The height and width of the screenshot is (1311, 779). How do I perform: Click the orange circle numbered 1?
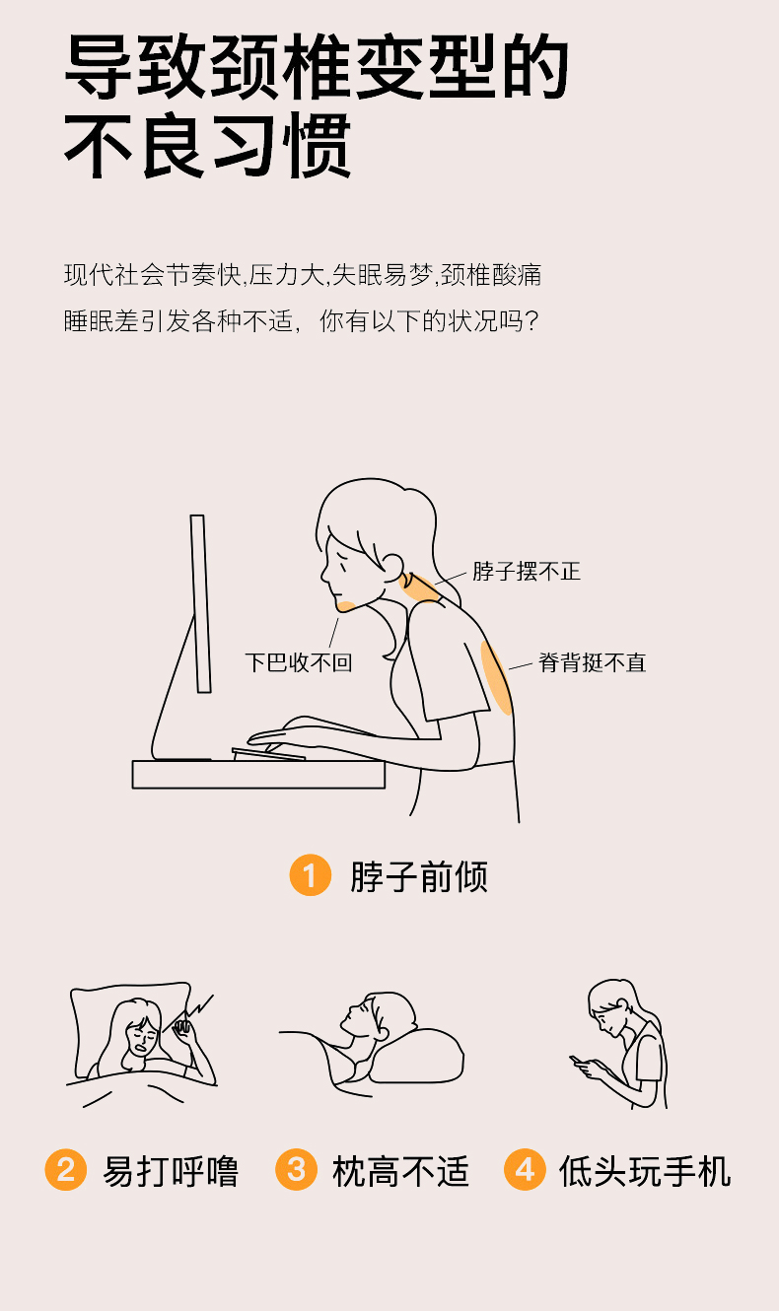[311, 875]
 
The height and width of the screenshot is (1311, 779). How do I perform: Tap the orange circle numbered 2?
[65, 1170]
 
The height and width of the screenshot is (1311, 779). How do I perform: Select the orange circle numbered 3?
[296, 1170]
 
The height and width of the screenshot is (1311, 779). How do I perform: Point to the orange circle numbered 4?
[525, 1170]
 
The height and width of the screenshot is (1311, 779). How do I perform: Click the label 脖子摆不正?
[527, 572]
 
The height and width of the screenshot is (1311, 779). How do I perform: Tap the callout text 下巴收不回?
[299, 662]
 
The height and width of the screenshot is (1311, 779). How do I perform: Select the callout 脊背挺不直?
[592, 662]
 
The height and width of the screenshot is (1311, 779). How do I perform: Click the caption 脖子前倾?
[419, 876]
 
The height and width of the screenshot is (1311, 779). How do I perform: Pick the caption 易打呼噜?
[171, 1171]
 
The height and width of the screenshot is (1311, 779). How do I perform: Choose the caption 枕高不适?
[401, 1171]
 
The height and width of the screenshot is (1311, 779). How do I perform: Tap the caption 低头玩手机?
[645, 1171]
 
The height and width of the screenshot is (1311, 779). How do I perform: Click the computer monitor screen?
[200, 603]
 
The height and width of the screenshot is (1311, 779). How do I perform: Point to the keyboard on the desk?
[268, 754]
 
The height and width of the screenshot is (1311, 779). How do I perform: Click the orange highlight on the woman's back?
[496, 678]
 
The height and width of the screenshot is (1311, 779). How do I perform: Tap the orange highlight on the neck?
[419, 588]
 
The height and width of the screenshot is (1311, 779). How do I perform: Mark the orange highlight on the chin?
[345, 606]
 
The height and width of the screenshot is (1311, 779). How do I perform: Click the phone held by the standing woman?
[577, 1060]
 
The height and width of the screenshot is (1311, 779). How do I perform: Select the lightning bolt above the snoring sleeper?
[198, 1006]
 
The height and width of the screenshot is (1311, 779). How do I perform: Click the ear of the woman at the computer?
[393, 568]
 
